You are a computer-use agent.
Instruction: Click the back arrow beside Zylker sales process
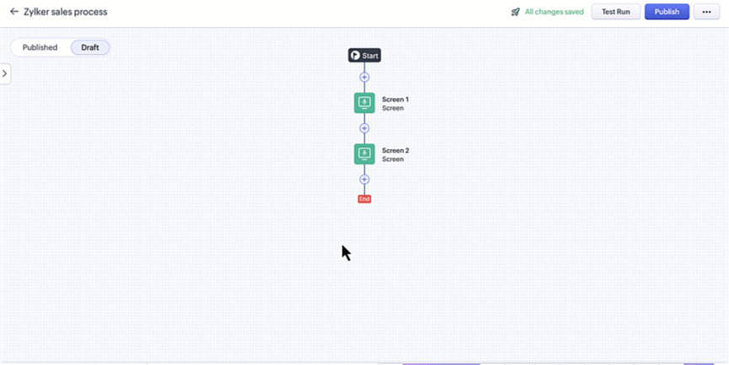13,12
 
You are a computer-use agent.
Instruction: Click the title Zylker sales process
65,12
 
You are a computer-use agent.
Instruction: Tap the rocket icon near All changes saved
516,12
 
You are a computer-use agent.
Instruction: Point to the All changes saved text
554,12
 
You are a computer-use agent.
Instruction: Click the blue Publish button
667,12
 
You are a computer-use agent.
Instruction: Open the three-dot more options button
706,12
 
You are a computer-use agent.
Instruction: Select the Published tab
40,47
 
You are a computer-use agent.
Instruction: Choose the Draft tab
89,47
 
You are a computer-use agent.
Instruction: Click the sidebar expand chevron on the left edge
5,73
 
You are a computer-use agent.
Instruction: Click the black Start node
364,55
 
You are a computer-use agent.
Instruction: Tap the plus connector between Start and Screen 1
364,77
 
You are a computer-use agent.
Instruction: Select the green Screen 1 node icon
364,103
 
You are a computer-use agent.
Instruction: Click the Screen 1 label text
395,99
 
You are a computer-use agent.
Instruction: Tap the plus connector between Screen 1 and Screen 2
364,128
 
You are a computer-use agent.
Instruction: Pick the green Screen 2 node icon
364,154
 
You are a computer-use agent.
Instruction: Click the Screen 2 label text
395,151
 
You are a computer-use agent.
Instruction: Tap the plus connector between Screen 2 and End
364,180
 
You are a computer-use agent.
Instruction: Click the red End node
364,199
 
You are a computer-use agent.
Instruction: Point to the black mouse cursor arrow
345,252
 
